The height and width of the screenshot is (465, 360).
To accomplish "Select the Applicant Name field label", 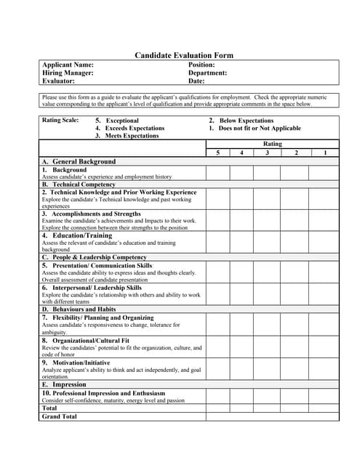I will click(x=68, y=65).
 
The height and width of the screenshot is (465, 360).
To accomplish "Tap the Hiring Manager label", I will click(x=68, y=73).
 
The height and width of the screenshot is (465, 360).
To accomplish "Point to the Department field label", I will click(x=207, y=73).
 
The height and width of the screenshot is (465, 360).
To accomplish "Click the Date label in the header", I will click(x=196, y=81).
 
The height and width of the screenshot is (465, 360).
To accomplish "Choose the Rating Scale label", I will click(x=61, y=121).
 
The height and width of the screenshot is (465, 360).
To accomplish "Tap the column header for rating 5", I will click(x=217, y=153).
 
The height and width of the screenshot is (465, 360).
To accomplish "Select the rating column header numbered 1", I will click(x=324, y=153).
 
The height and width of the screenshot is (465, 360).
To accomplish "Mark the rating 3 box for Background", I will click(x=268, y=173).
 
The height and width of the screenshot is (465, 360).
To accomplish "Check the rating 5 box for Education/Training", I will click(x=217, y=242).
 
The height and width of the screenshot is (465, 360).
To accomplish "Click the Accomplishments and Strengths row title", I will click(x=92, y=214).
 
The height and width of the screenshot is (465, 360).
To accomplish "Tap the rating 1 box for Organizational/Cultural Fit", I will click(x=324, y=345).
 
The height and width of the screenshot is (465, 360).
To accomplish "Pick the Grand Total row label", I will click(x=59, y=417).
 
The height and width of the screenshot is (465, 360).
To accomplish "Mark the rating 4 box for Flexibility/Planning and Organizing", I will click(x=242, y=325).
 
